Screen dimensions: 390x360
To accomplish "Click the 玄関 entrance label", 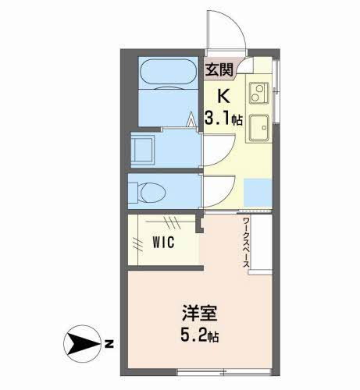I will pos(219,69).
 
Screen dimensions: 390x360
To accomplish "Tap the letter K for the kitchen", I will pos(221,97).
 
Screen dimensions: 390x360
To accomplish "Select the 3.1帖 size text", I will pos(222,119).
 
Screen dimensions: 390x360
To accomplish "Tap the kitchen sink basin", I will pos(258,128).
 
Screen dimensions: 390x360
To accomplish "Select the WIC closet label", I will pos(164,243).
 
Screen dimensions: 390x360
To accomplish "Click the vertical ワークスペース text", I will pos(245,246).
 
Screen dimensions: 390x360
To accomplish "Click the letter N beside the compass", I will pos(110,342).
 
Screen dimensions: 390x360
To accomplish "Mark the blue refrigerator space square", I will pos(255,190).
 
